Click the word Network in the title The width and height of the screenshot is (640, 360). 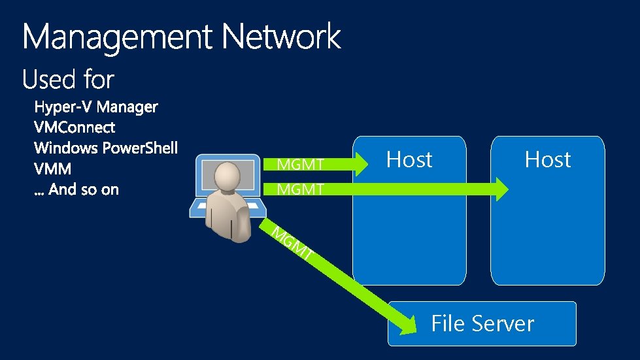point(281,37)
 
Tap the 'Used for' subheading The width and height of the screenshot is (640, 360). point(68,80)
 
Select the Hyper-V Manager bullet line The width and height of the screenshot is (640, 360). point(96,106)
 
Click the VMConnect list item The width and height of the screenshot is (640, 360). point(75,127)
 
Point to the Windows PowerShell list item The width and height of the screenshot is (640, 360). point(106,148)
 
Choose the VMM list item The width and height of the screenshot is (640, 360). point(52,169)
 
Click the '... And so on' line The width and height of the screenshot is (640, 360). point(76,190)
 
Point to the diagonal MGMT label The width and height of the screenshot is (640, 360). point(291,244)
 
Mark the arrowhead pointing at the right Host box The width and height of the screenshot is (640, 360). point(499,189)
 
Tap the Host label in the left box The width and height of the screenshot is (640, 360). point(409,159)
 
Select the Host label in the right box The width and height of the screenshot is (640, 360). point(548,159)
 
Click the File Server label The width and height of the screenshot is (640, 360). point(482,323)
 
